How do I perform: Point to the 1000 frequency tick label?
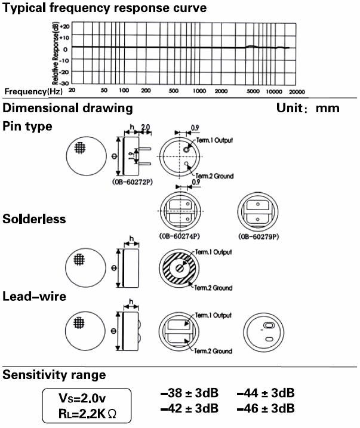pos(199,91)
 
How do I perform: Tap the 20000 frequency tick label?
pos(297,92)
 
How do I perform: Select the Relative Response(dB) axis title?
pos(55,54)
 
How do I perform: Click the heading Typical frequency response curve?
pos(104,8)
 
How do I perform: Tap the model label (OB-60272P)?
pos(133,182)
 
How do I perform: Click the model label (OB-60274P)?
pos(179,236)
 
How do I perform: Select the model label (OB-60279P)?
pos(259,236)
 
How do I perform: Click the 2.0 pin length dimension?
pos(146,127)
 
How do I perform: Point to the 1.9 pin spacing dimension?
pos(131,156)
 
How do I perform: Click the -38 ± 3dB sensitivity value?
pos(189,393)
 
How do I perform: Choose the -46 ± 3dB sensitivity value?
pos(266,408)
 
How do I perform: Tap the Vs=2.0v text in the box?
pos(82,398)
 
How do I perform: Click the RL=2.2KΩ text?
pos(87,414)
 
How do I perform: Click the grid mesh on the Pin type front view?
pos(80,148)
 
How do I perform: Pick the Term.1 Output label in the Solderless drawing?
pos(213,252)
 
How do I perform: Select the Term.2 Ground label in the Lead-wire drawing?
pos(213,351)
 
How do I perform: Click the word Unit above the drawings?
pos(290,108)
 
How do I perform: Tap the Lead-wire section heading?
pos(35,297)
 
